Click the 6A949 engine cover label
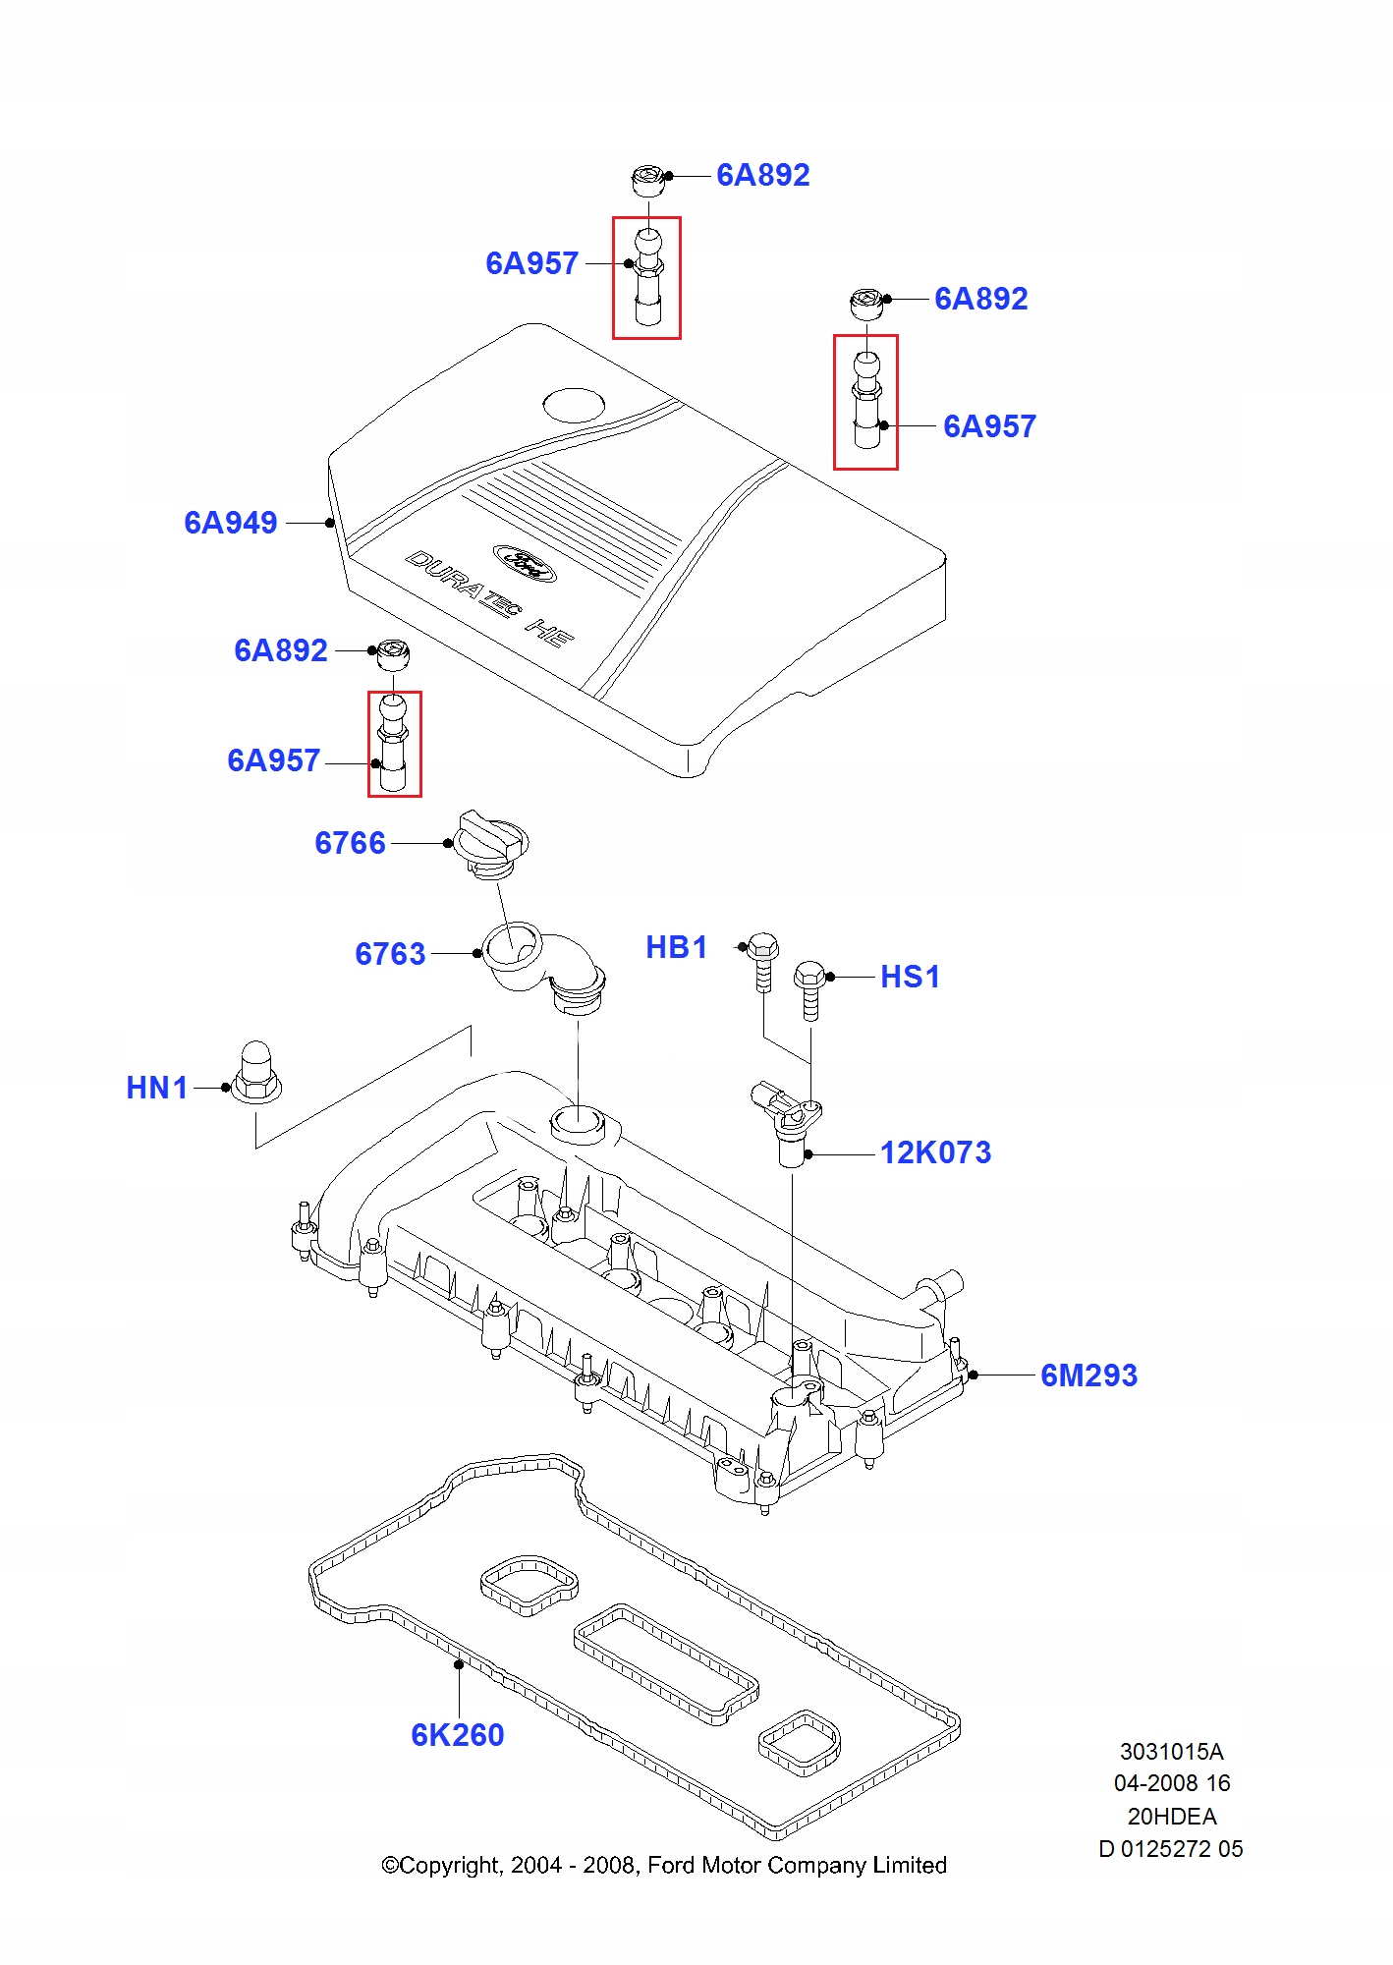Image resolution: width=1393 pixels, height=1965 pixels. coord(231,523)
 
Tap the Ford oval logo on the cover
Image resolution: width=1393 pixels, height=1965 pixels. coord(525,563)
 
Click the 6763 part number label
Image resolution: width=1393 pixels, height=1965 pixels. coord(390,954)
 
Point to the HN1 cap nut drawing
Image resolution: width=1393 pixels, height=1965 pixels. coord(256,1073)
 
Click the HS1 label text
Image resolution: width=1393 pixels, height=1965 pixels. coord(910,977)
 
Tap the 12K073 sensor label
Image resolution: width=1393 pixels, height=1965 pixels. coord(935,1152)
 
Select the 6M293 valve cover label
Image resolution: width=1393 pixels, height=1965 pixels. coord(1088,1375)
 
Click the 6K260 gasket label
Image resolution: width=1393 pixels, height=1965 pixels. coord(458,1735)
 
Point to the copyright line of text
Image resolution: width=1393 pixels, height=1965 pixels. coord(664,1865)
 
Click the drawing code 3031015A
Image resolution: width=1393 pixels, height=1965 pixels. coord(1171,1751)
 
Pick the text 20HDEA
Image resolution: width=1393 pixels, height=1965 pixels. coord(1171,1816)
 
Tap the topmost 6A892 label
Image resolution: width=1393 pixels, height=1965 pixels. coord(763,175)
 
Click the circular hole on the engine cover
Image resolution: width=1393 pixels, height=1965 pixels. coord(575,405)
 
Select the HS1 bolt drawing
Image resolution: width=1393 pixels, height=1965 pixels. coord(809,987)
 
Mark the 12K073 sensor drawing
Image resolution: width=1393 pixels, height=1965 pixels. coord(788,1120)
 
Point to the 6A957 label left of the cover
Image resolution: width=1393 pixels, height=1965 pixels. coord(274,760)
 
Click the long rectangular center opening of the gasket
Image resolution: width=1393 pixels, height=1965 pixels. coord(666,1664)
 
